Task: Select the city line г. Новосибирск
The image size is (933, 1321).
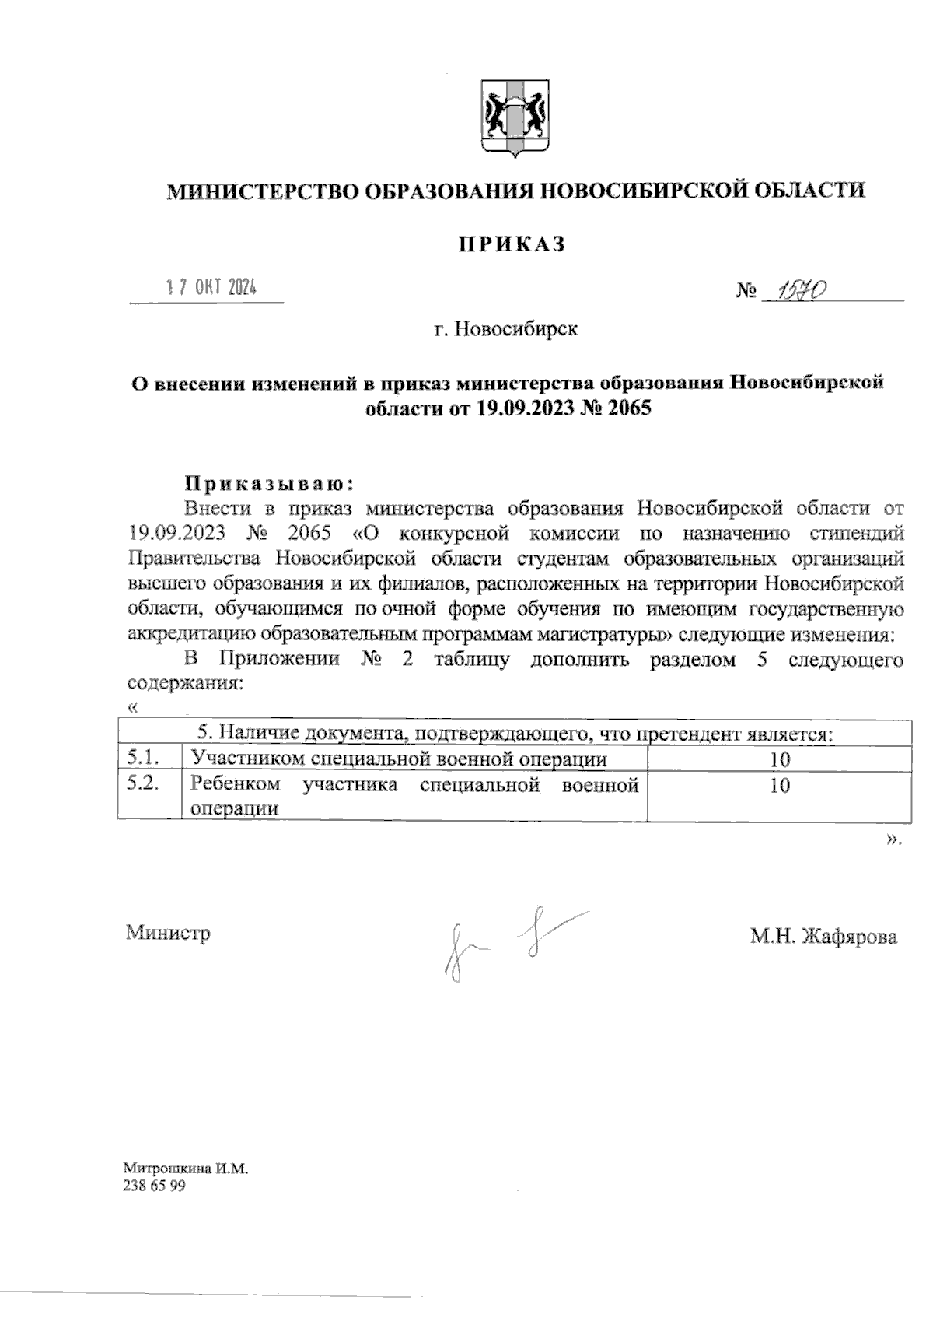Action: [x=506, y=329]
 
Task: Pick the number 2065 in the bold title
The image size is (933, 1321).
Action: [x=628, y=408]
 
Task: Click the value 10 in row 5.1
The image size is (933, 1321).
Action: [x=779, y=759]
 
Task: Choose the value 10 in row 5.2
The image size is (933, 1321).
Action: [x=779, y=786]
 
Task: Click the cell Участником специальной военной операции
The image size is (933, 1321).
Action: [x=399, y=759]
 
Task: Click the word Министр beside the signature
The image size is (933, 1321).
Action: [x=168, y=933]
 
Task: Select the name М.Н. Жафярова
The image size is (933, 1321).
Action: [x=823, y=936]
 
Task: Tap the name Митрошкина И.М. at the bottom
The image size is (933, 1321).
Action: [x=185, y=1169]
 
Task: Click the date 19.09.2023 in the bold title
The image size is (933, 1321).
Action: [x=525, y=408]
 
